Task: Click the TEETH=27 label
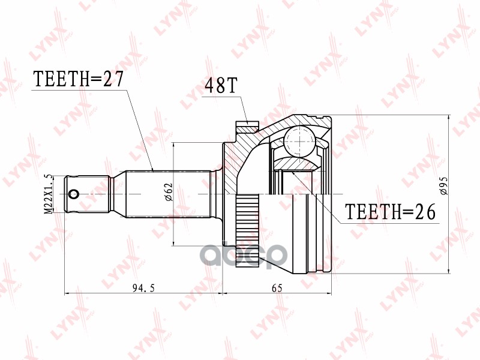[77, 79]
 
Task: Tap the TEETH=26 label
[389, 212]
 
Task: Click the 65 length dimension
[277, 288]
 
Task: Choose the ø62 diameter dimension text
[169, 193]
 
